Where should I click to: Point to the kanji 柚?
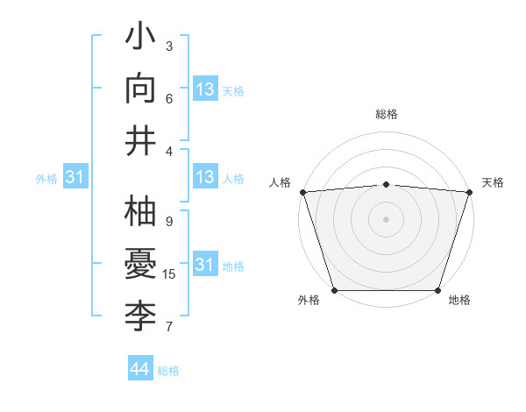141,212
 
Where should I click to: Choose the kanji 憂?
141,264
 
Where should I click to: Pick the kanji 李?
141,314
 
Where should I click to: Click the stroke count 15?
169,274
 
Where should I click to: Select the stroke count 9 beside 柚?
169,222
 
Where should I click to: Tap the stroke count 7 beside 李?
169,327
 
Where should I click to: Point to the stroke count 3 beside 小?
169,46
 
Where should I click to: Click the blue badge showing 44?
139,369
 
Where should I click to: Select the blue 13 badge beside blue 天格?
204,89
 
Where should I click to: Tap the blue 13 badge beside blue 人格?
204,177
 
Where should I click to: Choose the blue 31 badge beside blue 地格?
204,264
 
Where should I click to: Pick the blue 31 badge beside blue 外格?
75,177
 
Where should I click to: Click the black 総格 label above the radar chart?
386,114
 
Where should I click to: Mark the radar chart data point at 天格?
469,191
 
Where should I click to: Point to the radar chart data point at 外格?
335,290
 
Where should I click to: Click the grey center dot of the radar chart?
386,218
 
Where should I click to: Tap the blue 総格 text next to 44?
168,371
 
